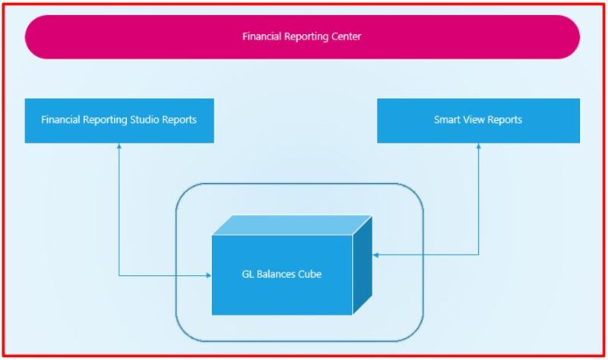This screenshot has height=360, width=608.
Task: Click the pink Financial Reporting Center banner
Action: pos(302,36)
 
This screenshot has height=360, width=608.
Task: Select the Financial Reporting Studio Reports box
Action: pos(119,120)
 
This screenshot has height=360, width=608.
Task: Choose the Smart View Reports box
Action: pos(478,120)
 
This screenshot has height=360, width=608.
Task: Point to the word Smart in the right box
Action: pos(448,120)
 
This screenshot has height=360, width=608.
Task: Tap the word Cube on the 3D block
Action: pos(309,274)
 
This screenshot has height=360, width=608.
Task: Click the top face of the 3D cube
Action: pos(291,225)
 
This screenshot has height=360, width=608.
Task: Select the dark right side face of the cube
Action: pos(363,264)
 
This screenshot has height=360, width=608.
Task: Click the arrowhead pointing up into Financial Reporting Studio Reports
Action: pos(119,147)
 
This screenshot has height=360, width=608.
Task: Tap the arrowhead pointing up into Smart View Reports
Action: pos(479,147)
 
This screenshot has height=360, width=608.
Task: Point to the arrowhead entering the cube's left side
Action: pos(208,275)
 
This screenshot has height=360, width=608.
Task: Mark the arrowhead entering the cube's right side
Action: pos(376,255)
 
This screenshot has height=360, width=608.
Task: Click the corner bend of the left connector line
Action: pos(119,275)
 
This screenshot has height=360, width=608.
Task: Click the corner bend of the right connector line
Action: pos(479,255)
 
